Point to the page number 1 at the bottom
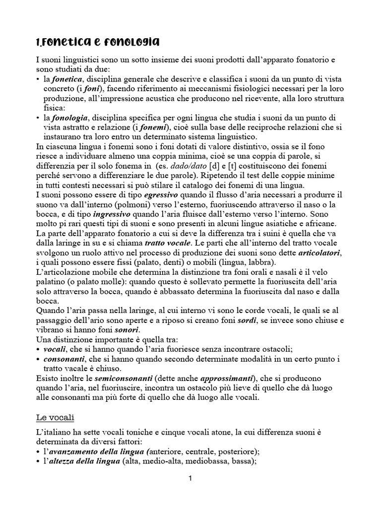click(190, 478)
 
